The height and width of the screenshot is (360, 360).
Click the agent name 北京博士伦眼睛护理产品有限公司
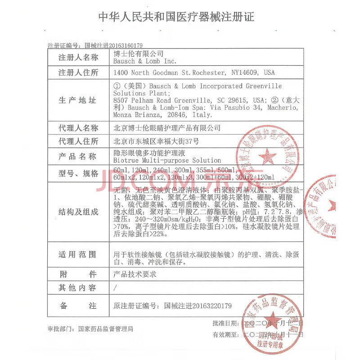[167, 128]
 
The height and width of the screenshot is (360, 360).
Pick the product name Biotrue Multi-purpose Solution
[167, 160]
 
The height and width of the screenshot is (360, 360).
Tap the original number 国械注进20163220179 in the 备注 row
[198, 306]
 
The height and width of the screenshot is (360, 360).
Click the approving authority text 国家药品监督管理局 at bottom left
[105, 329]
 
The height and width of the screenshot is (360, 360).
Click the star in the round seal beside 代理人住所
[268, 157]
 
